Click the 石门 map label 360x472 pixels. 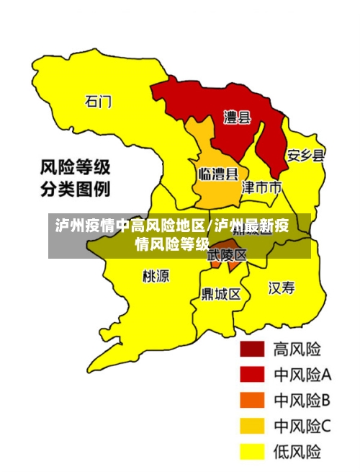(99, 102)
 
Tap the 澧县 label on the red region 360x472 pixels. (237, 117)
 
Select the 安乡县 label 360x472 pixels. (305, 155)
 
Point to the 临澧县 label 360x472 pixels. (217, 174)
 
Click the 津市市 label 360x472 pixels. (261, 188)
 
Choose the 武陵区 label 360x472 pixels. (227, 255)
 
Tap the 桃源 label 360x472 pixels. (156, 275)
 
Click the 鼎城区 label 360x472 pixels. (221, 294)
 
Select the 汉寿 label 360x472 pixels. (282, 288)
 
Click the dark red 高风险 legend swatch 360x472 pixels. (252, 349)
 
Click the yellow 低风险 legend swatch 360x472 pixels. (252, 452)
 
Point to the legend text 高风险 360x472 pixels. (297, 349)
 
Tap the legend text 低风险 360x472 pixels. (297, 452)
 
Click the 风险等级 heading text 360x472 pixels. (75, 169)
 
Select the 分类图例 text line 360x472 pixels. (75, 190)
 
